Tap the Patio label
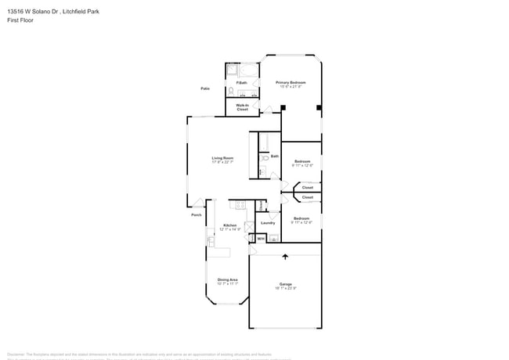point(205,88)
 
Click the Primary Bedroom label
point(290,82)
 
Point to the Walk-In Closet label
point(243,107)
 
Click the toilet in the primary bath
point(232,92)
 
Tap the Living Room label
point(222,158)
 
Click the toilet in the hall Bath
point(265,158)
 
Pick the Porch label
point(197,214)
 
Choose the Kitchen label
point(208,225)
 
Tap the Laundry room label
point(268,223)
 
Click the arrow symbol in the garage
point(285,256)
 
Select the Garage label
point(285,283)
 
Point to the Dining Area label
point(228,279)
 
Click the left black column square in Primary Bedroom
point(283,107)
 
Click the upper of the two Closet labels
point(308,188)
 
